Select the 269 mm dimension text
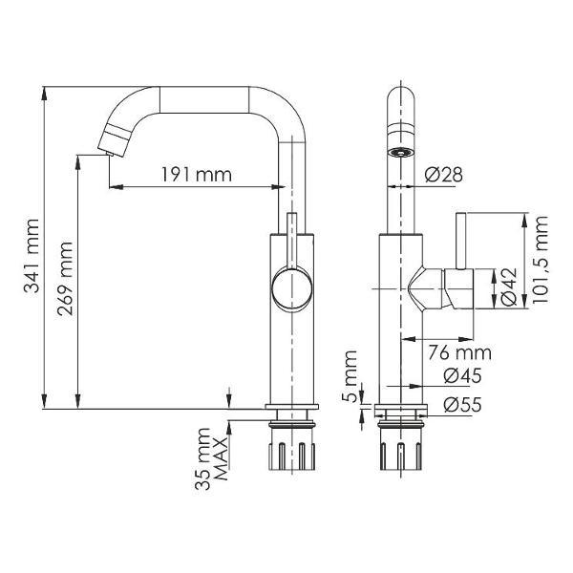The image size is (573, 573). tap(66, 286)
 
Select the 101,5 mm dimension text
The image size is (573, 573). tap(541, 258)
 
